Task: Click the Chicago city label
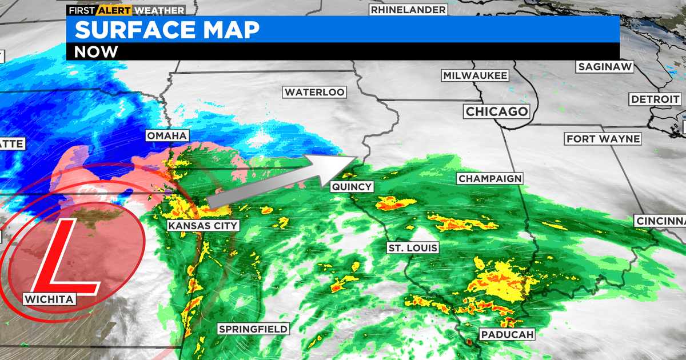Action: click(497, 111)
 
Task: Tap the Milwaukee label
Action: click(475, 76)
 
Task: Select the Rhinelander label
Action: click(408, 10)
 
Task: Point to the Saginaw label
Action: click(605, 67)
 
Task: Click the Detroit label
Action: click(655, 99)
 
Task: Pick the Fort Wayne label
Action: click(603, 139)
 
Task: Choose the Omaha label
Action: click(167, 135)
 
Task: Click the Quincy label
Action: click(352, 186)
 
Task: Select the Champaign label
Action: click(490, 179)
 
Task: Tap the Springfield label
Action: click(253, 329)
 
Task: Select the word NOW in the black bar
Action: click(96, 51)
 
